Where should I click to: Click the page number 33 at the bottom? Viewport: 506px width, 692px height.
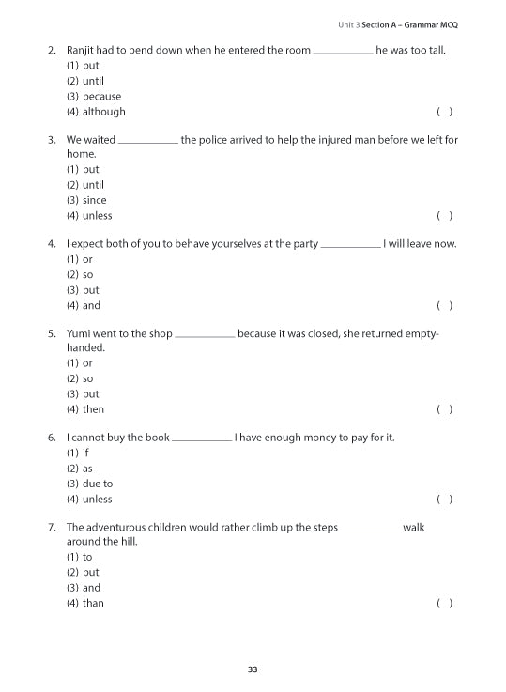pyautogui.click(x=253, y=669)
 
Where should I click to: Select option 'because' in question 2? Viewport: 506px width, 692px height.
pyautogui.click(x=101, y=97)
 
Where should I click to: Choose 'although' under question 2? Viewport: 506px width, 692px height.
pyautogui.click(x=103, y=112)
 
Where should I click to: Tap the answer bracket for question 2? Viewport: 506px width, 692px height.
pyautogui.click(x=445, y=112)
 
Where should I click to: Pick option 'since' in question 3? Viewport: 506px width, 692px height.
pyautogui.click(x=94, y=200)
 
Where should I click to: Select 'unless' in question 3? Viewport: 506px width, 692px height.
pyautogui.click(x=97, y=216)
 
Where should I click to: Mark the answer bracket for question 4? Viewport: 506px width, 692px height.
pyautogui.click(x=445, y=306)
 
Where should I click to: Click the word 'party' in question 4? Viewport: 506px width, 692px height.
pyautogui.click(x=305, y=244)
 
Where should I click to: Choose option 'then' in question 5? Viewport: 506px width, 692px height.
pyautogui.click(x=93, y=409)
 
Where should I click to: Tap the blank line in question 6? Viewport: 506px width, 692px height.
pyautogui.click(x=202, y=438)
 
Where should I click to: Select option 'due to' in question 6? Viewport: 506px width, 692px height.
pyautogui.click(x=97, y=484)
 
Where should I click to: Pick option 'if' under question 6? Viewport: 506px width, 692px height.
pyautogui.click(x=86, y=454)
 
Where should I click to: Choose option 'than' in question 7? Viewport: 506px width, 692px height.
pyautogui.click(x=93, y=603)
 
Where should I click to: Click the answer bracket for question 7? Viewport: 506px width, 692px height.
pyautogui.click(x=445, y=603)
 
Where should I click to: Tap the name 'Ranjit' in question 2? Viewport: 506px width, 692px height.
pyautogui.click(x=82, y=50)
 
